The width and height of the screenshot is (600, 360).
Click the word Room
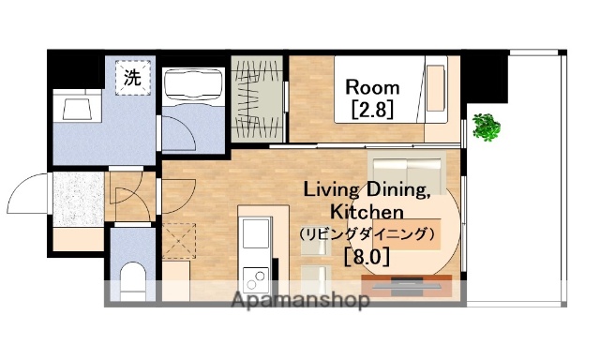(372, 87)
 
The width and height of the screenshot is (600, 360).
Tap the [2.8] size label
(371, 110)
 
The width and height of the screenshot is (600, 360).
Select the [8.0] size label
(367, 255)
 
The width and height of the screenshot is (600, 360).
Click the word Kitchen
(367, 212)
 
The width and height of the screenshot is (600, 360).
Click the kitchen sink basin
(253, 232)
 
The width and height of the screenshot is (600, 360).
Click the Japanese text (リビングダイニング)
(367, 233)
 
